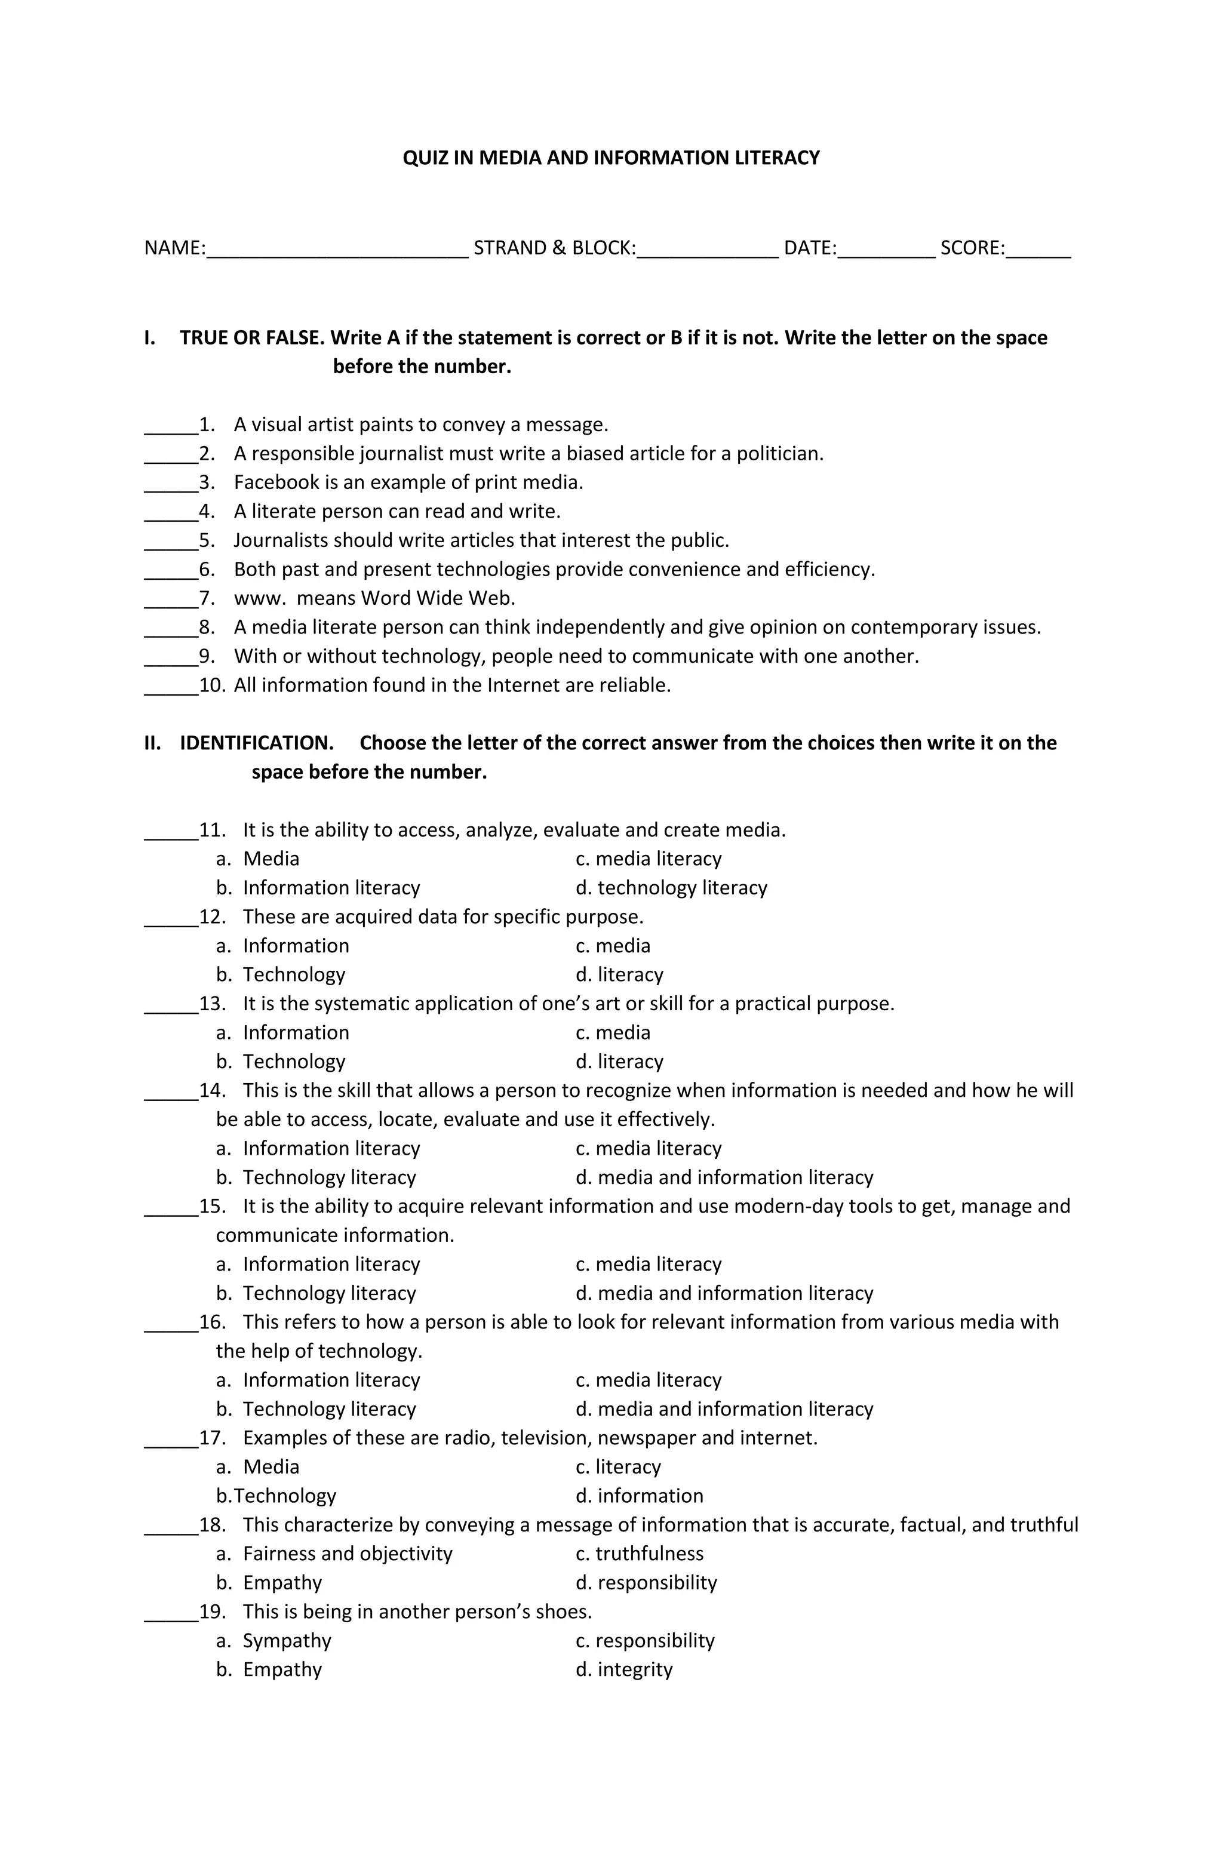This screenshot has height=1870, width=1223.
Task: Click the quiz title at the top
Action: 611,158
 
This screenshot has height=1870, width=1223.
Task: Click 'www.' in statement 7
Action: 259,599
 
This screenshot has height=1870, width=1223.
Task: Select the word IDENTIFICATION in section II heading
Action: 256,743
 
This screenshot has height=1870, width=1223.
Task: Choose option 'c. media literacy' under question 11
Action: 648,859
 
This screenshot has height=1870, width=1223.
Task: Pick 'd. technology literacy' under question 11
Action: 671,888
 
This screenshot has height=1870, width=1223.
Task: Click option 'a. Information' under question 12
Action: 283,946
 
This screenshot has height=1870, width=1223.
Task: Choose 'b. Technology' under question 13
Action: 281,1062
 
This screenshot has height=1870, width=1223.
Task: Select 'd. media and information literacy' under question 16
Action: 724,1409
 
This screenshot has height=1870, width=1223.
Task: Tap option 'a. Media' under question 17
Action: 258,1467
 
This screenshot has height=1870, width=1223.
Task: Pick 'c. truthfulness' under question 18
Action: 639,1554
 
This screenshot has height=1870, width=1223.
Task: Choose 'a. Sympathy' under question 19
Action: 274,1641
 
